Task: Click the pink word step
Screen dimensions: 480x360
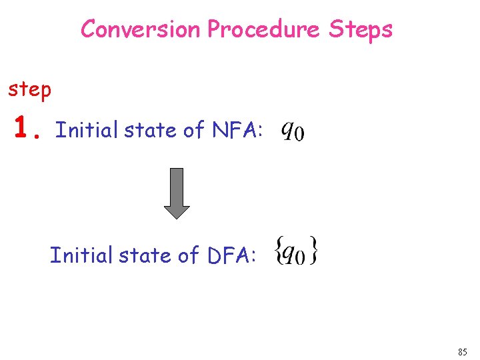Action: click(x=29, y=89)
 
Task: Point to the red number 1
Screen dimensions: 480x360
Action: click(x=24, y=127)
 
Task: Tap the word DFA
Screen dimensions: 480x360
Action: click(x=229, y=255)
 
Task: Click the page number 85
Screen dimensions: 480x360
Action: click(x=463, y=351)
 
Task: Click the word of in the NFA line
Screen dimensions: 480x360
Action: click(x=194, y=131)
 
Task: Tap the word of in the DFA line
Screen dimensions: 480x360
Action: click(x=188, y=255)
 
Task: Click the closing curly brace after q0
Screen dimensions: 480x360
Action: click(x=314, y=253)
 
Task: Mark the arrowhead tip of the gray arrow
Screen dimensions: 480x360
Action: click(x=177, y=218)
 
